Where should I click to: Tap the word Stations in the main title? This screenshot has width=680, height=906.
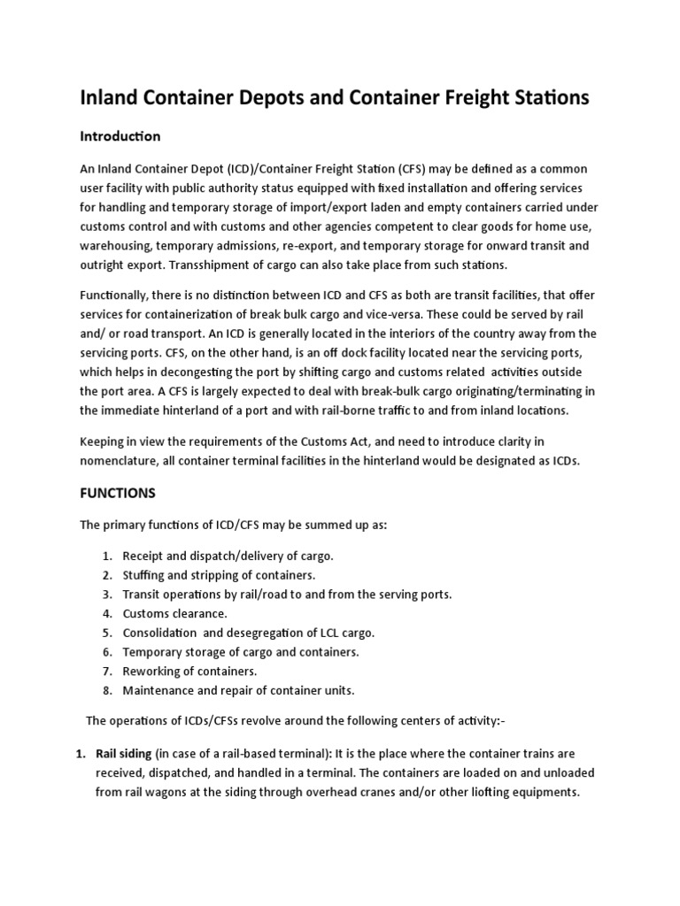coord(544,98)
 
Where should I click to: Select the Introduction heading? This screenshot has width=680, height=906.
coord(120,136)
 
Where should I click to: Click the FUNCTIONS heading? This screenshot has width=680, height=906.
coord(118,492)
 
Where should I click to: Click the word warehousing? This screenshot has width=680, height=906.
coord(119,245)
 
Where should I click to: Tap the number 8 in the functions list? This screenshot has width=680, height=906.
coord(105,690)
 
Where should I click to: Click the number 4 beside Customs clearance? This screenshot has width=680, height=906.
coord(105,613)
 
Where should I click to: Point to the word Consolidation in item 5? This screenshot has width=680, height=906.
coord(160,633)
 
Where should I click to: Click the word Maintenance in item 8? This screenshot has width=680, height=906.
coord(158,690)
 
